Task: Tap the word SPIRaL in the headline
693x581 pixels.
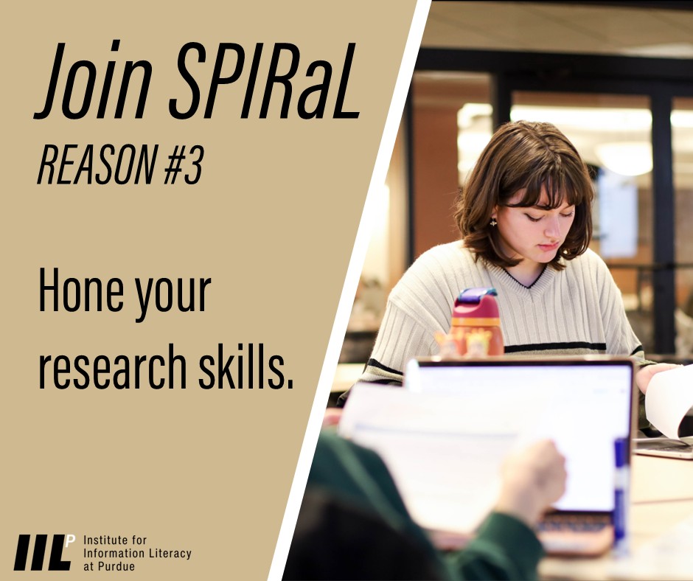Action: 265,83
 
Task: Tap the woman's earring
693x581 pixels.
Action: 492,222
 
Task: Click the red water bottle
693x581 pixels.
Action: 476,328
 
